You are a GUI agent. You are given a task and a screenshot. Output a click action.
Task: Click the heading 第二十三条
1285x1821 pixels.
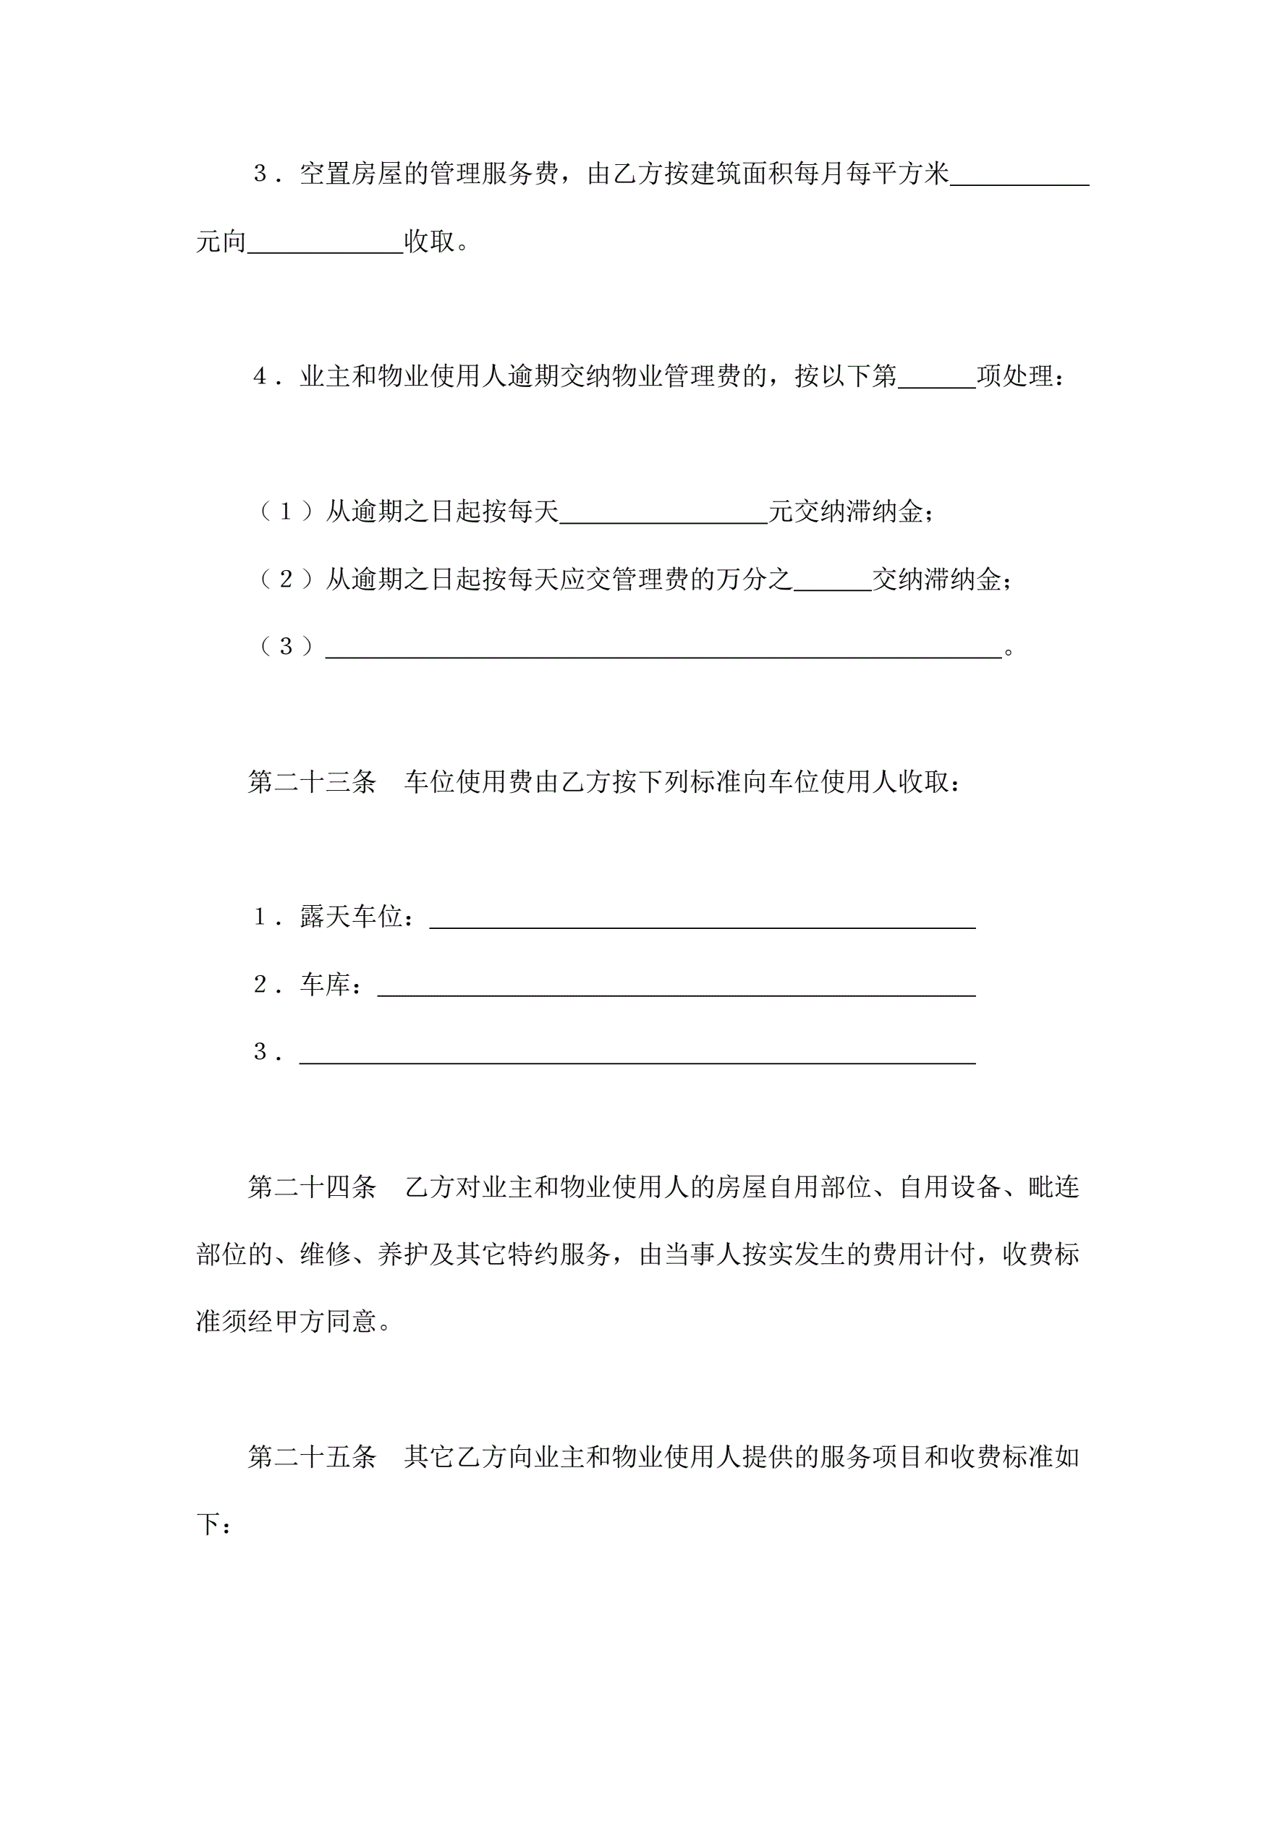click(312, 782)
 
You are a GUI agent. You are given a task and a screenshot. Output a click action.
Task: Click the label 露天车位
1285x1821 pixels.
click(352, 917)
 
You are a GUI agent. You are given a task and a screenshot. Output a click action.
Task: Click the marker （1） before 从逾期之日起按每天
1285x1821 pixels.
click(287, 512)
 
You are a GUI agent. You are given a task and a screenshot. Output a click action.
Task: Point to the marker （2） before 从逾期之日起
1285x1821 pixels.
click(287, 580)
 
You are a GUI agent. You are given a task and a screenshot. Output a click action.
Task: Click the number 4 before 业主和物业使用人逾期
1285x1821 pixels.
click(259, 377)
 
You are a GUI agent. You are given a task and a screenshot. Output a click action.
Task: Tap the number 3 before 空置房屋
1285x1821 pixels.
click(259, 174)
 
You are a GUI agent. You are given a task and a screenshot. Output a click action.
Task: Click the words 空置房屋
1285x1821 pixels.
click(352, 174)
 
